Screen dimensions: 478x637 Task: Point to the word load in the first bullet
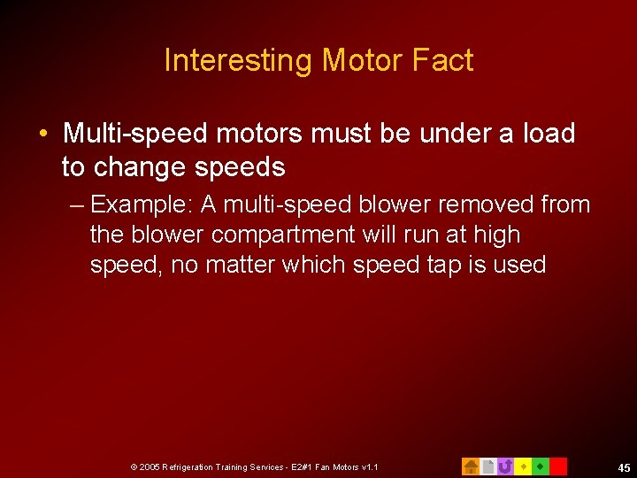click(x=549, y=134)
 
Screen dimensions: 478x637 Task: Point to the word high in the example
click(x=497, y=235)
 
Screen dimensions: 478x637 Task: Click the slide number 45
click(x=624, y=468)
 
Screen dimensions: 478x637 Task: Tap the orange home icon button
click(x=471, y=466)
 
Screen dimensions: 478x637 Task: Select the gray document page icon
click(x=487, y=466)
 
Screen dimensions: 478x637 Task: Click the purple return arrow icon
click(x=505, y=466)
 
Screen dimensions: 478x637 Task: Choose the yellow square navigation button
click(x=523, y=466)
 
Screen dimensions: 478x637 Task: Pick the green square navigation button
click(x=541, y=466)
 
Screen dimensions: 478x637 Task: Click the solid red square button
click(x=558, y=466)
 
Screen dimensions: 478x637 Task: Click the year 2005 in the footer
click(x=150, y=466)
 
